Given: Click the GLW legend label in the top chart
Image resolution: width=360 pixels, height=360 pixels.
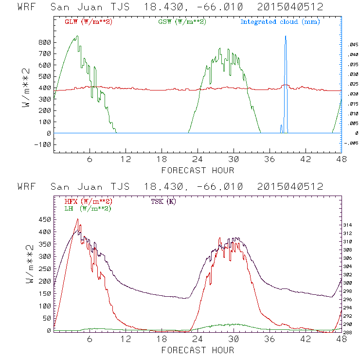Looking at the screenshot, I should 88,22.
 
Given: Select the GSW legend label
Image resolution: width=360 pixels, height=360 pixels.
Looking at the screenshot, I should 181,22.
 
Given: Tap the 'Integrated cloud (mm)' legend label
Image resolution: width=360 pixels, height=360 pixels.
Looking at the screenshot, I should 280,22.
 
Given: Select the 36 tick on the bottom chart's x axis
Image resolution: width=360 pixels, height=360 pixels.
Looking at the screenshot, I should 270,339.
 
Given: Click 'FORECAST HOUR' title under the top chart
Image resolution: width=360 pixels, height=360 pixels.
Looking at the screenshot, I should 198,170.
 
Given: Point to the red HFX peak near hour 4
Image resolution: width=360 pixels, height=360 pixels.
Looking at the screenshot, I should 77,219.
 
